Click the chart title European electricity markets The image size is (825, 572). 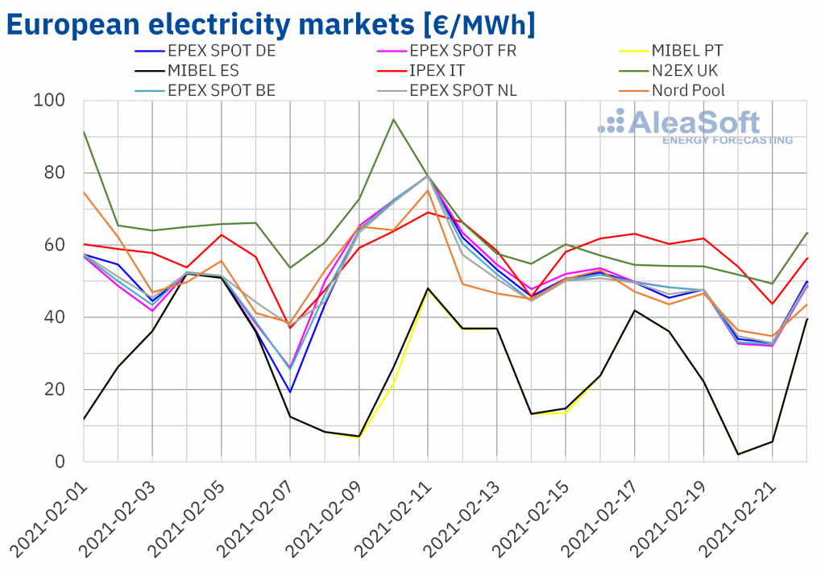click(x=271, y=24)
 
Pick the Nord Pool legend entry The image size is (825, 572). click(x=687, y=89)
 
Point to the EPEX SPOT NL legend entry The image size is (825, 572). click(x=462, y=89)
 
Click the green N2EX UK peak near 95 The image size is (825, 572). click(x=393, y=119)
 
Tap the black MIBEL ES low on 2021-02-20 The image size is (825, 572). click(x=738, y=454)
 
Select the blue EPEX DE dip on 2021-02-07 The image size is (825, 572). click(x=290, y=392)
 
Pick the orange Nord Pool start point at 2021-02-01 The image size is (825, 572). click(x=84, y=192)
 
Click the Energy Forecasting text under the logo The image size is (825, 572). click(x=727, y=140)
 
